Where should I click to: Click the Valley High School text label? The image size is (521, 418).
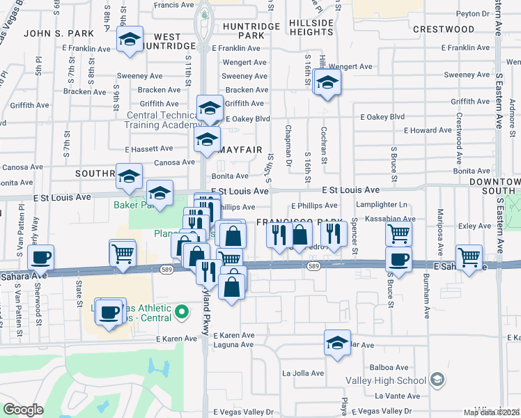tap(386, 380)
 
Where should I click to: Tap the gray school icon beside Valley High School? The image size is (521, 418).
tap(437, 380)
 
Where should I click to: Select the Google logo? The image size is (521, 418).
tap(23, 410)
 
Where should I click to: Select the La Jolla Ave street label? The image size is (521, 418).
tap(303, 373)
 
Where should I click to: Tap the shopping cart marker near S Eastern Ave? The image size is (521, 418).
tap(469, 256)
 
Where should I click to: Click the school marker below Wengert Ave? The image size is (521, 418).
tap(327, 83)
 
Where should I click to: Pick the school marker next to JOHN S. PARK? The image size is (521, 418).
tap(130, 40)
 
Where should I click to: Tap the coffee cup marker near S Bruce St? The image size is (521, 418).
tap(398, 259)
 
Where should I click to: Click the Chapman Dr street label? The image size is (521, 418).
tap(288, 146)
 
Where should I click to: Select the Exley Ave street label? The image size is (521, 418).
tap(476, 226)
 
